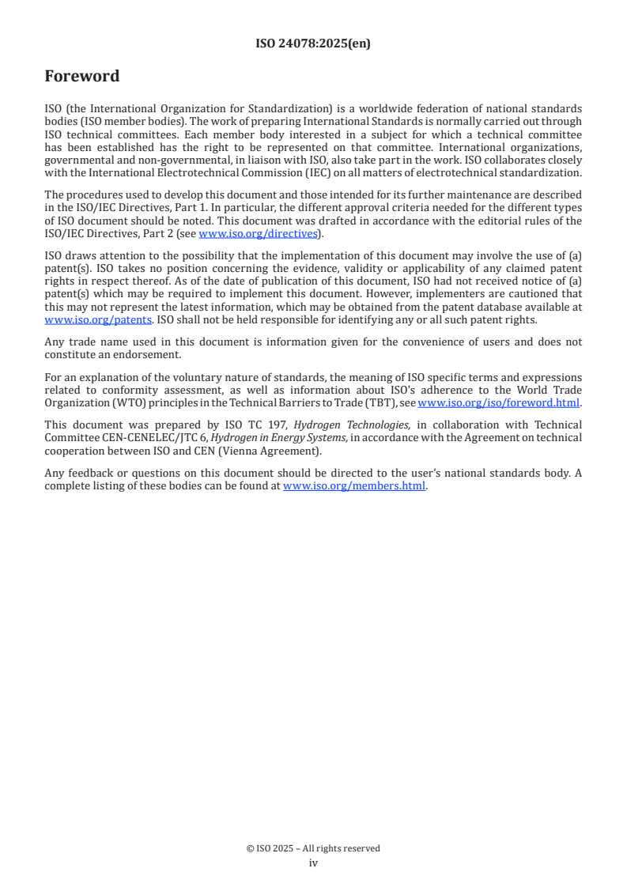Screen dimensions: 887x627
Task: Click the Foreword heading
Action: coord(82,77)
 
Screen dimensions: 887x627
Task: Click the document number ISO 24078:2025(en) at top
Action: coord(313,44)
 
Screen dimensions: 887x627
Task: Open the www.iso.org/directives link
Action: coord(257,233)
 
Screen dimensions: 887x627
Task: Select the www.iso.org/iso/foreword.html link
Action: coord(498,403)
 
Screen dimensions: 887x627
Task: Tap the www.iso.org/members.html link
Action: coord(354,487)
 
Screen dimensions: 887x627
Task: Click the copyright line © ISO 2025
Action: coord(313,848)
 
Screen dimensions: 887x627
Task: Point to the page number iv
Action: coord(313,862)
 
